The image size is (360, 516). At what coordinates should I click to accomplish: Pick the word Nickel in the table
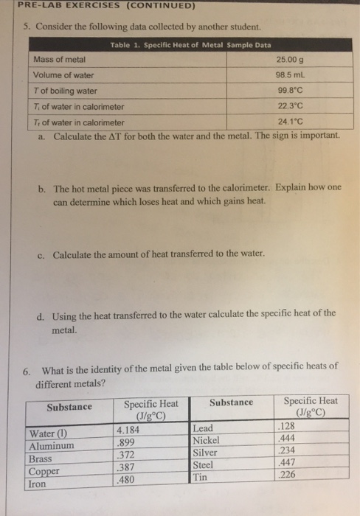207,440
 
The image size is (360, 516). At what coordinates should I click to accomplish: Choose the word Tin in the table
200,478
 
